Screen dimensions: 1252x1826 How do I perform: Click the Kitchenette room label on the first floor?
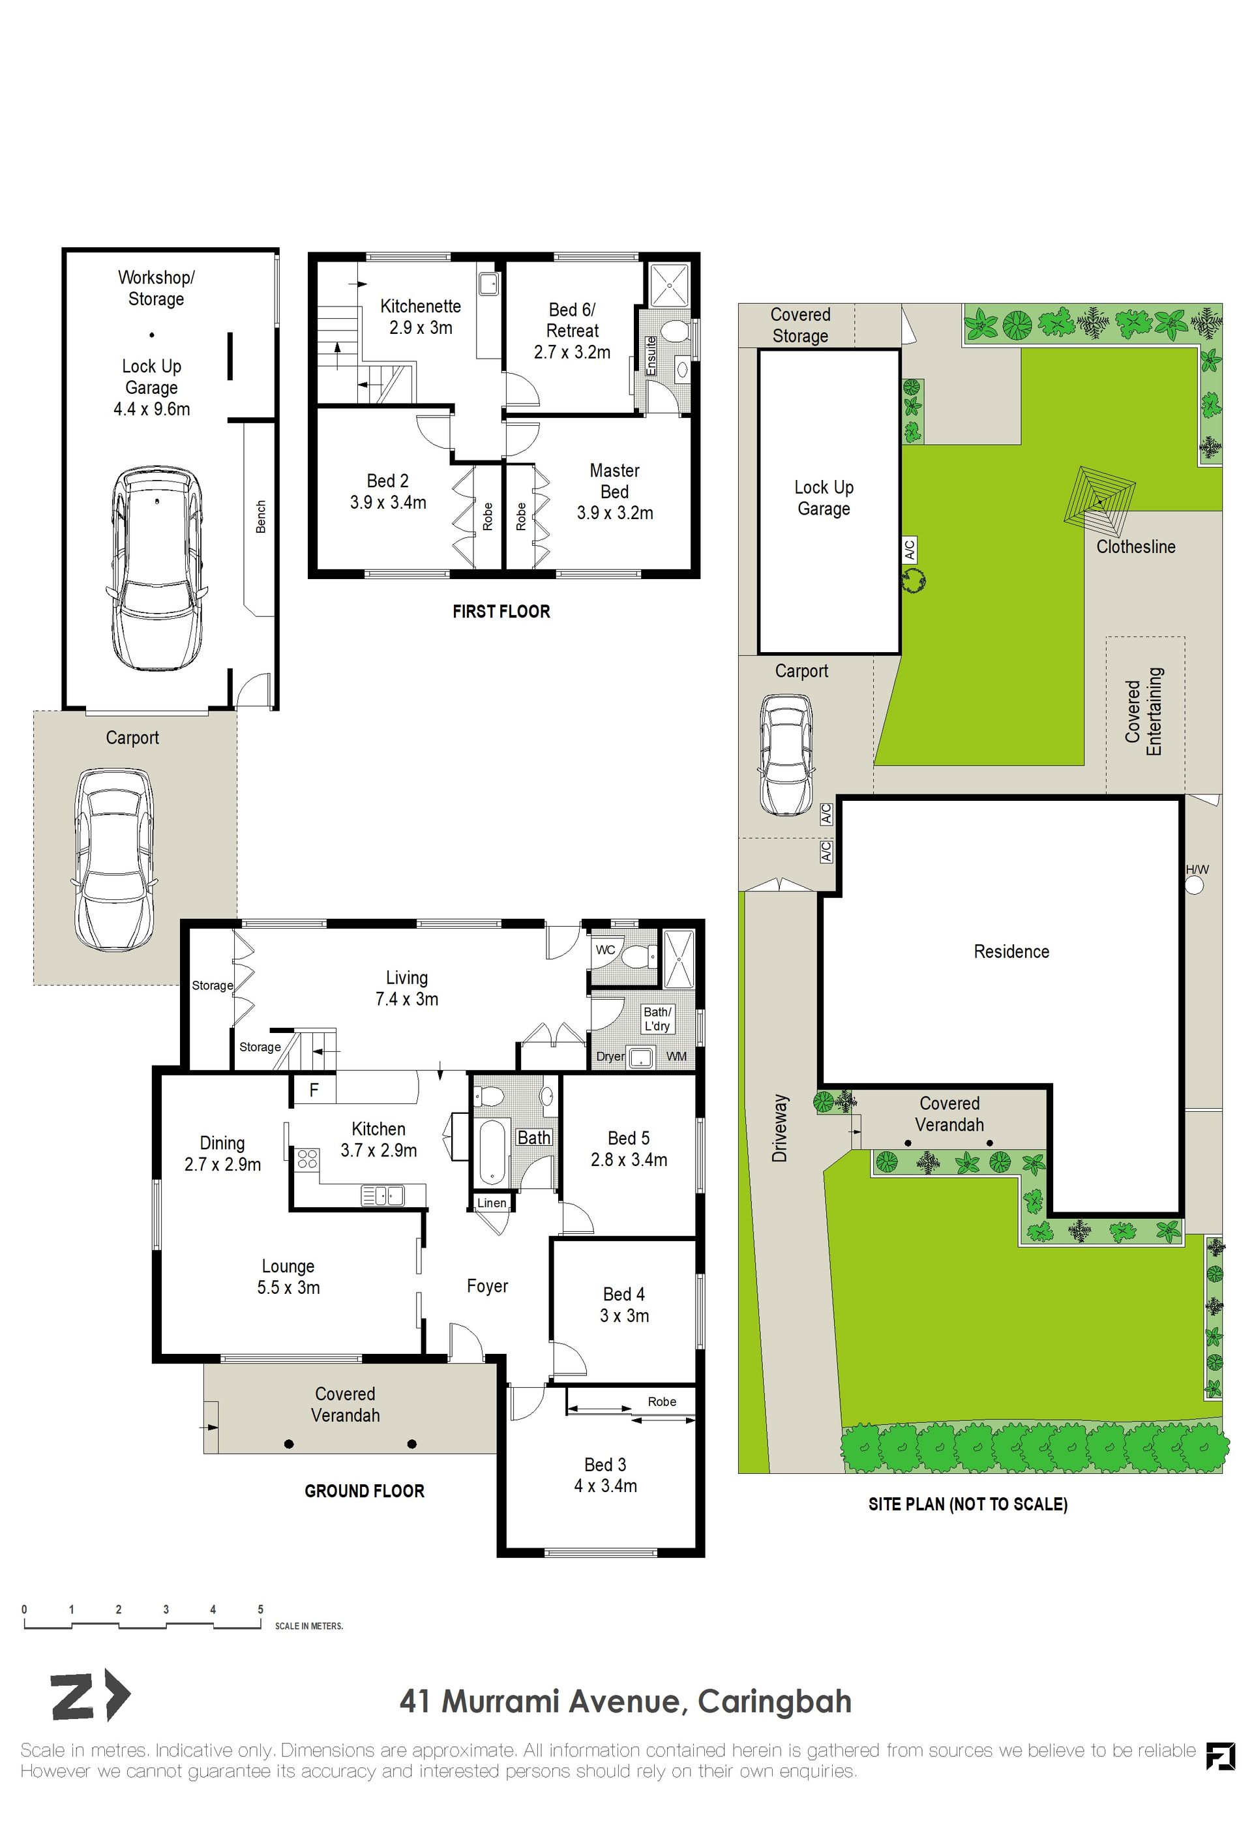tap(420, 307)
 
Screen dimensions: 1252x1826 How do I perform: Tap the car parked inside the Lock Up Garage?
tap(157, 569)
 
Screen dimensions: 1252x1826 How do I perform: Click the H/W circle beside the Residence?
tap(1194, 886)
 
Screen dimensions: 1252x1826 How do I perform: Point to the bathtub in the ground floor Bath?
tap(492, 1152)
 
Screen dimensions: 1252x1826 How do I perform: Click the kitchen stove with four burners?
tap(306, 1158)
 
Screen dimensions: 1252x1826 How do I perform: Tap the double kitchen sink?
tap(383, 1195)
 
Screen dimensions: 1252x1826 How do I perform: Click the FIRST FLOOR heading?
tap(501, 611)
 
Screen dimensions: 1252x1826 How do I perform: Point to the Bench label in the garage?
tap(261, 517)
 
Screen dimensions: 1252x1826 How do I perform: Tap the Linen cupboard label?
tap(492, 1203)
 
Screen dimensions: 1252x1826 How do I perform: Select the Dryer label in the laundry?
tap(610, 1056)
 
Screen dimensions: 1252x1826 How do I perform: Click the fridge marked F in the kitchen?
tap(314, 1090)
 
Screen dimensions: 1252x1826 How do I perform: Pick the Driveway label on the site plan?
tap(779, 1128)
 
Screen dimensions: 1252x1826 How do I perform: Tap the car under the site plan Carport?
tap(786, 755)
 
